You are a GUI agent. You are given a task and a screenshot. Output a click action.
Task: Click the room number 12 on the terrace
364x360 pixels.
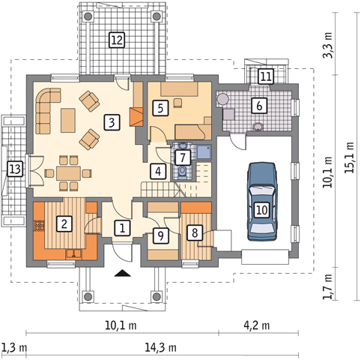117,40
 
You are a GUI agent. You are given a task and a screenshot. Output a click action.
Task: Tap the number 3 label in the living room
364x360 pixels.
112,122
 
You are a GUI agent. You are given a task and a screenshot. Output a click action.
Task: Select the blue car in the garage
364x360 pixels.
262,202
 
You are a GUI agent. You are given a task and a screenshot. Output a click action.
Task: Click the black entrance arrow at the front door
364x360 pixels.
122,273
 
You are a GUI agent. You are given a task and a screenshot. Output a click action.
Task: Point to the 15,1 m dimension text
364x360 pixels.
350,157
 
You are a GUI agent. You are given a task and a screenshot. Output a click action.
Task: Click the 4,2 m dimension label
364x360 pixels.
257,325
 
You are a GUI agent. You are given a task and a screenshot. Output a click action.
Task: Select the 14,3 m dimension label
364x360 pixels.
161,347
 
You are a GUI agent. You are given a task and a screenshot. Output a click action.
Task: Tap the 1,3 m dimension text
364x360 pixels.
14,347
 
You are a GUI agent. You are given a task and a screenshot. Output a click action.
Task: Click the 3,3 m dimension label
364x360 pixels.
328,45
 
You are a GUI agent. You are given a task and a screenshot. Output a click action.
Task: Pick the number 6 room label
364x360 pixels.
259,106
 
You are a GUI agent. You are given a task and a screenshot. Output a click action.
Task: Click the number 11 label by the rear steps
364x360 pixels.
265,76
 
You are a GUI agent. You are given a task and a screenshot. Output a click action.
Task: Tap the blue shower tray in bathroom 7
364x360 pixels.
204,152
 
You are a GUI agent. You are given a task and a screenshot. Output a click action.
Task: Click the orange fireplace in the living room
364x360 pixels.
136,117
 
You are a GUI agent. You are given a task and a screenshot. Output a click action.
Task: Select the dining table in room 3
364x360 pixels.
68,173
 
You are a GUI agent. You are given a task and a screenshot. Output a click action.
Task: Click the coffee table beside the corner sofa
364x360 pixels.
68,120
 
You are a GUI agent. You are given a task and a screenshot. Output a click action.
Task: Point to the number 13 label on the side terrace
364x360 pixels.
15,169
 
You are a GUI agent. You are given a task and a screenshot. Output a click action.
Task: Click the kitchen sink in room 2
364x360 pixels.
73,254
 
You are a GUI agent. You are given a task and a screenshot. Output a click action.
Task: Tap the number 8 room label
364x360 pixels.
195,232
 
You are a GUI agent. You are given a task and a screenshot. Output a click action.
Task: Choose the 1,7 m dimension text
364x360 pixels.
328,286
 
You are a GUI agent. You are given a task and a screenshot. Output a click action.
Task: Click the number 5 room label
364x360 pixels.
160,108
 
